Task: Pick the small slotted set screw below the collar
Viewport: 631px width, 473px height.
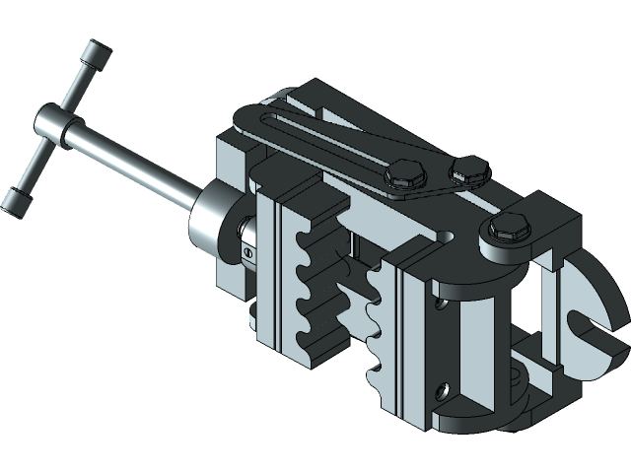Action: (246, 254)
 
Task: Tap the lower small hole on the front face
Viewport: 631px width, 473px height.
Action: (446, 390)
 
